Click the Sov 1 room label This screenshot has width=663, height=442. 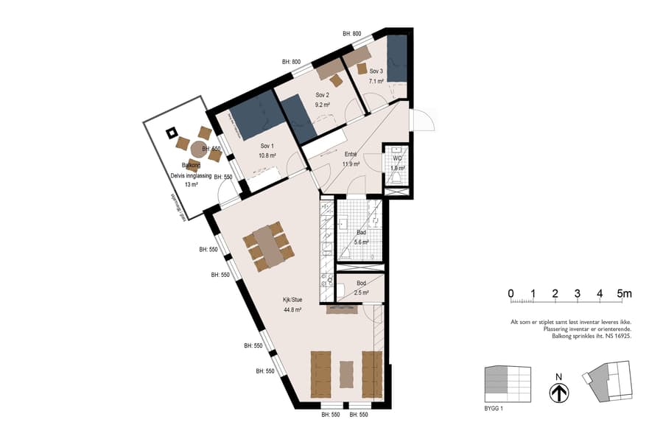(267, 146)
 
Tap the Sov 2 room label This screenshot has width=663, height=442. (322, 95)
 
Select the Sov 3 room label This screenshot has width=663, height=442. (376, 71)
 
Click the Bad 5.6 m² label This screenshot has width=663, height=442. (361, 232)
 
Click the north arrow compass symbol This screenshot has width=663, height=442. (559, 394)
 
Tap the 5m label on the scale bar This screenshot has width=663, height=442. (625, 294)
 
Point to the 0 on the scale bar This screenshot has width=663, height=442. (511, 294)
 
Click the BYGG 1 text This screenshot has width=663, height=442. (494, 407)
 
